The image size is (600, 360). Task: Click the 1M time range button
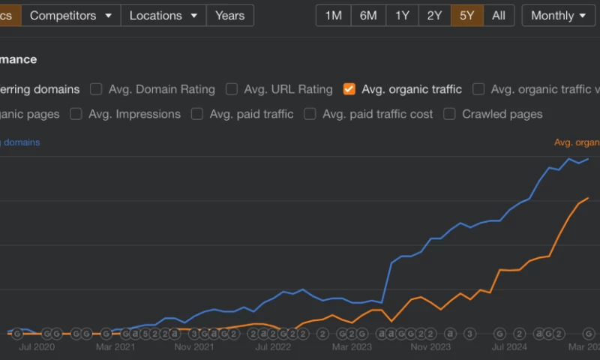click(334, 16)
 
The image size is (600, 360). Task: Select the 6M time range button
click(368, 16)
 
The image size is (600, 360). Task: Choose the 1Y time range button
click(402, 16)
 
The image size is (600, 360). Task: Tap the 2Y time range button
click(434, 16)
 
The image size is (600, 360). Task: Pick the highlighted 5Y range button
click(466, 16)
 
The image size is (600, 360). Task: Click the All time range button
click(499, 16)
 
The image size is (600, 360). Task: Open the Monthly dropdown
click(559, 16)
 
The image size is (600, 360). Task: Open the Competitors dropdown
click(70, 16)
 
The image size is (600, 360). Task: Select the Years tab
click(229, 16)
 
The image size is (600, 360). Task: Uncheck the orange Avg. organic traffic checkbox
click(349, 89)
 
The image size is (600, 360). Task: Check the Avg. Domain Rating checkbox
click(97, 89)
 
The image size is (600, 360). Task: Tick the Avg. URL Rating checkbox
click(232, 89)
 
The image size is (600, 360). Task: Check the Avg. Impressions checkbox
click(76, 114)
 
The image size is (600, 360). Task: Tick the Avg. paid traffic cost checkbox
click(310, 114)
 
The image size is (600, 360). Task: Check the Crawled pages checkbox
click(449, 114)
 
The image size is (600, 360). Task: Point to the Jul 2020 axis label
click(37, 347)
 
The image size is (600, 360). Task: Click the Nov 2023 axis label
click(430, 347)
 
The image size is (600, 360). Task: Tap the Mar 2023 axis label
click(352, 347)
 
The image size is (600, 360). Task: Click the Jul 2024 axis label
click(509, 347)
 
